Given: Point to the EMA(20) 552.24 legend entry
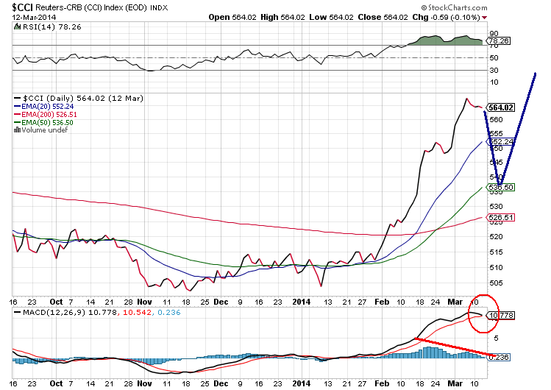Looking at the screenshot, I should coord(43,106).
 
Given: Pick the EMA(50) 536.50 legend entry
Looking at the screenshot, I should coord(43,122).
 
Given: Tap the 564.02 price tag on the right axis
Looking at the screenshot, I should coord(500,107).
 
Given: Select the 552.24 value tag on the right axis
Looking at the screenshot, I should coord(500,141).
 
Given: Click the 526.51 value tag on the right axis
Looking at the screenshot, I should coord(500,217).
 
